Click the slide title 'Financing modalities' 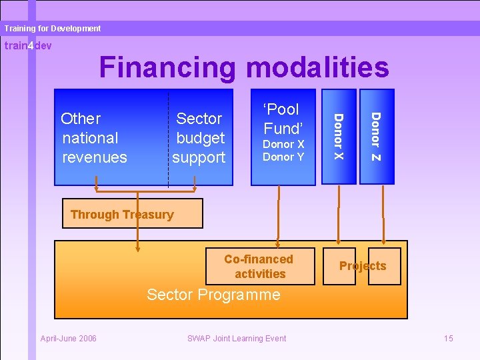click(243, 67)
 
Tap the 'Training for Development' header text click(52, 29)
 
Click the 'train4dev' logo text click(27, 46)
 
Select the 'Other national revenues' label click(94, 138)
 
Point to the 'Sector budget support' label click(199, 138)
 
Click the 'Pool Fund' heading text click(283, 118)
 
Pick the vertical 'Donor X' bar click(338, 137)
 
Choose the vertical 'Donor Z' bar click(376, 137)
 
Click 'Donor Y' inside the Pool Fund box click(283, 157)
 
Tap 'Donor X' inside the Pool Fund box click(283, 144)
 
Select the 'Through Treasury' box click(132, 214)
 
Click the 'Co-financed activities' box click(259, 266)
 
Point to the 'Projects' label click(363, 266)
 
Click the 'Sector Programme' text click(213, 295)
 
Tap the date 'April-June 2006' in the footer click(69, 339)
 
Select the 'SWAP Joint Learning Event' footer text click(237, 339)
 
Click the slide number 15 click(448, 339)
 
